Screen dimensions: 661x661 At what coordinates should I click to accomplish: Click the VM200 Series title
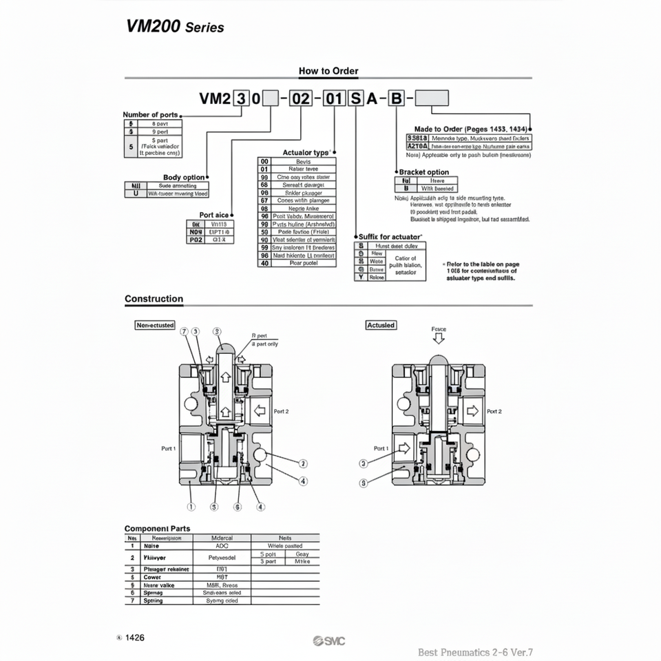click(175, 26)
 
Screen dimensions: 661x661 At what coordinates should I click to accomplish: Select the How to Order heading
click(328, 71)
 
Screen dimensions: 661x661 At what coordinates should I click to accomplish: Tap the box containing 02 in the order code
click(301, 98)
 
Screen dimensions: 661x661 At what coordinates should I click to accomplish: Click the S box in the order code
click(356, 98)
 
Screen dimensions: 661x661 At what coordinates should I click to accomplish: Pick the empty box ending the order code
click(431, 98)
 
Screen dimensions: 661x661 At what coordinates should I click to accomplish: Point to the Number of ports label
click(150, 114)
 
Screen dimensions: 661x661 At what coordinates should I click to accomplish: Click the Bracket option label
click(423, 172)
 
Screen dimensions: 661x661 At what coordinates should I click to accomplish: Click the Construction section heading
click(154, 299)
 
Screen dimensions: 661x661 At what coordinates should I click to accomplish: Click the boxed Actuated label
click(381, 325)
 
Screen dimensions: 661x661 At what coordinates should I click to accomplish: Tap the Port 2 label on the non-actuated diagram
click(282, 411)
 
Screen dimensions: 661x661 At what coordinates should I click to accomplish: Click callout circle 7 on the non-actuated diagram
click(184, 331)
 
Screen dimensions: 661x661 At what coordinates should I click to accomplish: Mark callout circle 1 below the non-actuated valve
click(191, 507)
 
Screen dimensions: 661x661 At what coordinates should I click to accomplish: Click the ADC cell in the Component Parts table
click(222, 545)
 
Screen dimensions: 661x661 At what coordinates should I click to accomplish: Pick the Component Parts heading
click(157, 528)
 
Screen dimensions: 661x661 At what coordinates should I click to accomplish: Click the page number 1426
click(134, 638)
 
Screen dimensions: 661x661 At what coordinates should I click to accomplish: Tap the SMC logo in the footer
click(328, 642)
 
